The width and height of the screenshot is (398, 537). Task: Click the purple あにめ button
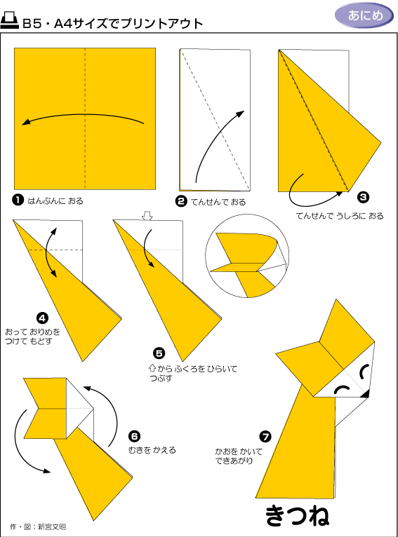(364, 15)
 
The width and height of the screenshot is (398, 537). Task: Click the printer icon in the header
(9, 21)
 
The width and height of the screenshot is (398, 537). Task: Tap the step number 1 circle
(18, 200)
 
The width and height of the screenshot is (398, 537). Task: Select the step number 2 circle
(181, 201)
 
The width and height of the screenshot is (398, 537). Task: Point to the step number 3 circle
(363, 197)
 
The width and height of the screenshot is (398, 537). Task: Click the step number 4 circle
(42, 318)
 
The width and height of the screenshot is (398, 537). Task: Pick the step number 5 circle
(159, 353)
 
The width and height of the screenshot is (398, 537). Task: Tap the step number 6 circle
(134, 436)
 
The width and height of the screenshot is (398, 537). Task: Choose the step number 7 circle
(265, 437)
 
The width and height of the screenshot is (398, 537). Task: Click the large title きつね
(297, 515)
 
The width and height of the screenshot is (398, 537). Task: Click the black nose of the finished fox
(365, 394)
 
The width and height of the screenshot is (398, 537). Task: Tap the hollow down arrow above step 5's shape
(147, 216)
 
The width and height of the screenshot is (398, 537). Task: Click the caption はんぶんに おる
(55, 201)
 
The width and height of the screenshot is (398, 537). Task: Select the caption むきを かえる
(152, 449)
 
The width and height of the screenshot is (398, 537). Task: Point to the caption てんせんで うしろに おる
(340, 216)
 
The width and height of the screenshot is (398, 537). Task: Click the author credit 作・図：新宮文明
(38, 526)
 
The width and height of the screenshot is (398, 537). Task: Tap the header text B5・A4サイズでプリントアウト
(113, 23)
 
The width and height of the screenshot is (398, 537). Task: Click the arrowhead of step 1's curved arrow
(26, 122)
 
